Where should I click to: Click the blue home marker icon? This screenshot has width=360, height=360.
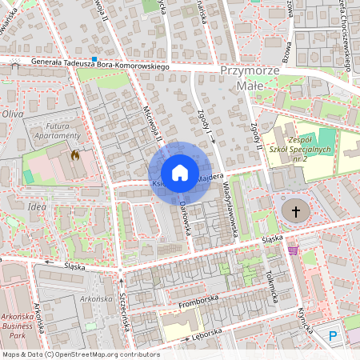(180, 173)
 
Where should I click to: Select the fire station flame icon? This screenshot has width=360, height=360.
(75, 155)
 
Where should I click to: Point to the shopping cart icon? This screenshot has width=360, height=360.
(293, 250)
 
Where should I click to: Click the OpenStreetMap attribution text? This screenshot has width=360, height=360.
(80, 354)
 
